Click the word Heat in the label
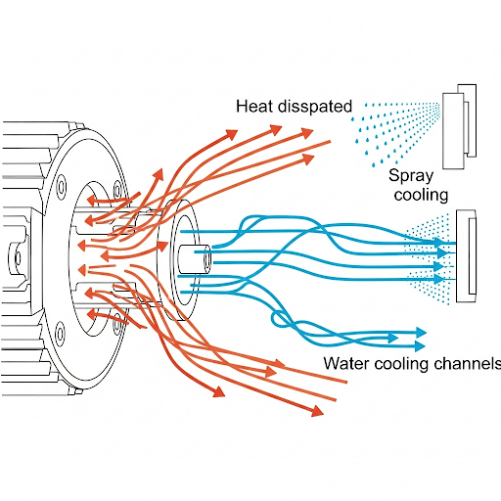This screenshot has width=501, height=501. pyautogui.click(x=254, y=107)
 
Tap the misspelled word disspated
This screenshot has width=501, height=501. pyautogui.click(x=315, y=107)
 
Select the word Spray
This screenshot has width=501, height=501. pyautogui.click(x=411, y=176)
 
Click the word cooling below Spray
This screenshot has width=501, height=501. pyautogui.click(x=421, y=195)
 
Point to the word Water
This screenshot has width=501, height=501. pyautogui.click(x=346, y=363)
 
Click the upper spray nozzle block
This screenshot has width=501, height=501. pyautogui.click(x=459, y=126)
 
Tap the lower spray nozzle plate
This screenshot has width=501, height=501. pyautogui.click(x=466, y=255)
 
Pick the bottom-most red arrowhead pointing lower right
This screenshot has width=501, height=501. pyautogui.click(x=317, y=411)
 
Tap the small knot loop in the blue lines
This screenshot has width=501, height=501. pyautogui.click(x=281, y=319)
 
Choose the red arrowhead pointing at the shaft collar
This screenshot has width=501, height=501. pyautogui.click(x=162, y=246)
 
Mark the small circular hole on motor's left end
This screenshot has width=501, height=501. pyautogui.click(x=18, y=257)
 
